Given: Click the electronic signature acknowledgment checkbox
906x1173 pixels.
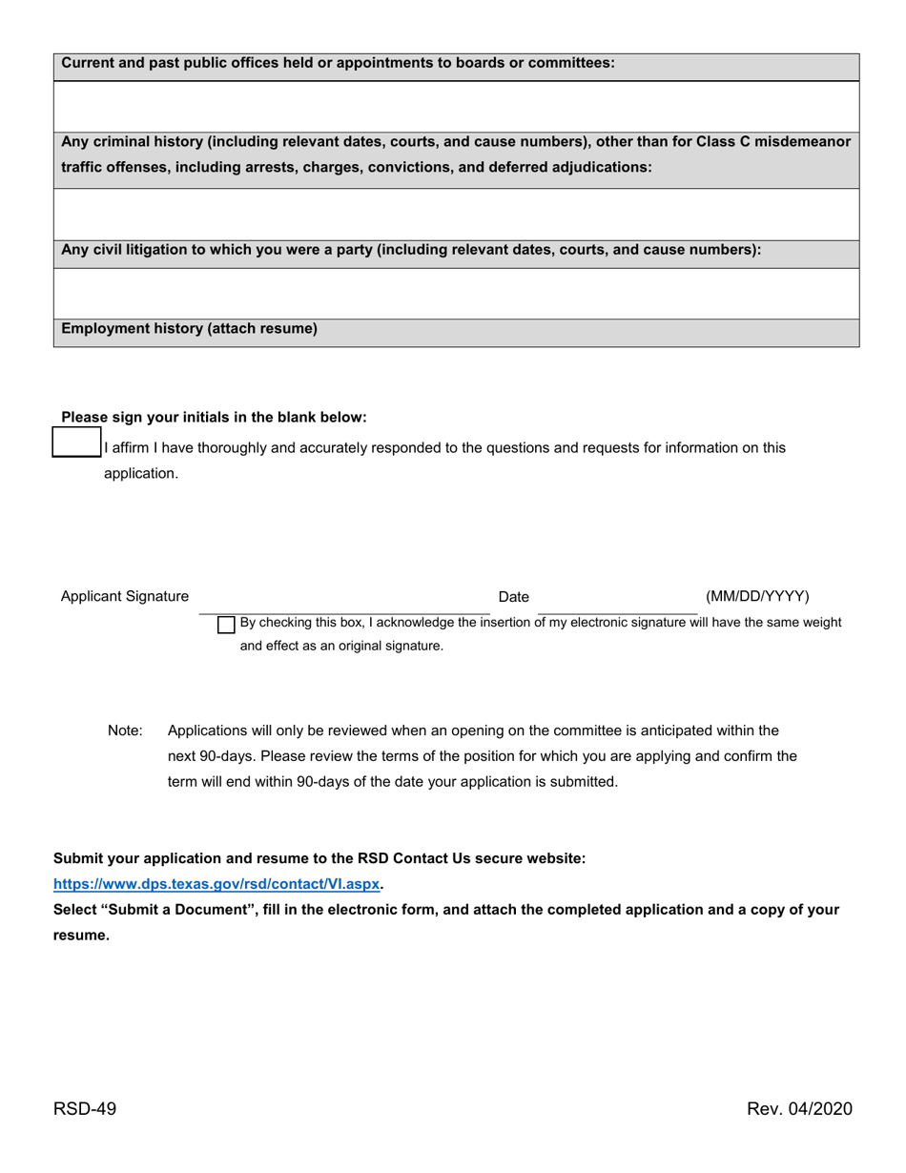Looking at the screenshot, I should [x=226, y=625].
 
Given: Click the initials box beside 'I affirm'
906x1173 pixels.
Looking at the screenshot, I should [x=76, y=443].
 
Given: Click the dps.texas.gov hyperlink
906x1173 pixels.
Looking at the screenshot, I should [x=216, y=884].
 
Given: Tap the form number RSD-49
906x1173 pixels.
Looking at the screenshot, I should [x=85, y=1108].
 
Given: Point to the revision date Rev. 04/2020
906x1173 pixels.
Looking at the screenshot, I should [x=799, y=1108].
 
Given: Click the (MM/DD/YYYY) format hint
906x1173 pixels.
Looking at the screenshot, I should [x=757, y=597].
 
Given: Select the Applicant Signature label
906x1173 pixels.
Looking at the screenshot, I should [x=125, y=597].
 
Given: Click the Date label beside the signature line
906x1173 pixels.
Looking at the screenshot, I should [x=513, y=597].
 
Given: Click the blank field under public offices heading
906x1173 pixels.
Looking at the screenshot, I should [x=456, y=106].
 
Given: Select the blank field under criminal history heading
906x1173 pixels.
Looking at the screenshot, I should [x=456, y=214].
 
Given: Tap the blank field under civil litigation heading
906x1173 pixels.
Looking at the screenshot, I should [x=456, y=293].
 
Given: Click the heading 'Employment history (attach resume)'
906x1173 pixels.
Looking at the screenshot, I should [x=190, y=329].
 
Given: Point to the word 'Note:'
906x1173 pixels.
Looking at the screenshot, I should [x=125, y=731].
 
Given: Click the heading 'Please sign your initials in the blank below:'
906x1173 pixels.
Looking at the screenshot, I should [x=214, y=418].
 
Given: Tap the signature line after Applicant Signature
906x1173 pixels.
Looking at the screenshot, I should [x=344, y=607].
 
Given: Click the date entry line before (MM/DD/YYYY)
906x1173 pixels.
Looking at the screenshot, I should [x=617, y=607].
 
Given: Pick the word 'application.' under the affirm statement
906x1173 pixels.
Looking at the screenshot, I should [x=141, y=474].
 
